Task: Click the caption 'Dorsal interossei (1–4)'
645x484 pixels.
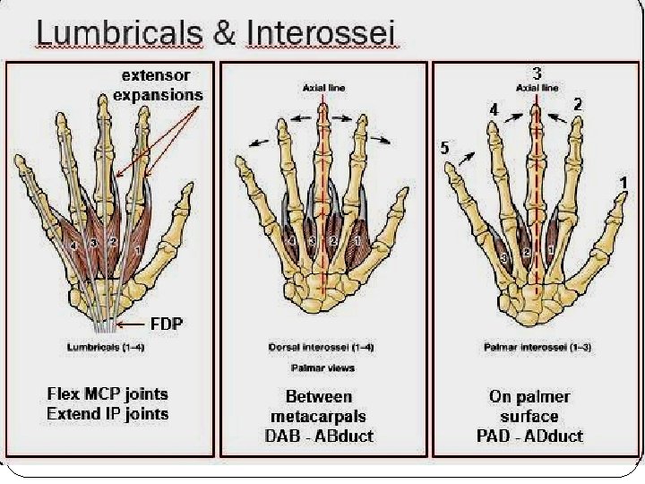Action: click(322, 347)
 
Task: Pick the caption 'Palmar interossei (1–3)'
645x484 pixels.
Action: click(536, 347)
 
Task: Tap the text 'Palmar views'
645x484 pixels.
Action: click(322, 367)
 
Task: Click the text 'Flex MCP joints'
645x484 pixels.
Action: click(107, 394)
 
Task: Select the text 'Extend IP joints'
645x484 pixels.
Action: click(107, 413)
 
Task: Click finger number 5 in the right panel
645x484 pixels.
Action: click(444, 148)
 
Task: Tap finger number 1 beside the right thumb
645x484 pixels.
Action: click(622, 182)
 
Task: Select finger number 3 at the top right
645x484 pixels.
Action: click(536, 73)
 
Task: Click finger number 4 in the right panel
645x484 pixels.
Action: click(493, 108)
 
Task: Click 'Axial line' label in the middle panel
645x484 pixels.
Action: click(322, 88)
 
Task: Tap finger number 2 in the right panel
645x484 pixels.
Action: click(578, 105)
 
